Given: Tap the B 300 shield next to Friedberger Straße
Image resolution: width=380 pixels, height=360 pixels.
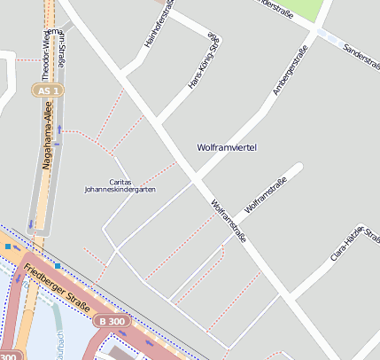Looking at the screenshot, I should tap(113, 321).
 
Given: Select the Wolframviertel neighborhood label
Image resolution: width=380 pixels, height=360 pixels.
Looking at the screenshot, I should tap(226, 147).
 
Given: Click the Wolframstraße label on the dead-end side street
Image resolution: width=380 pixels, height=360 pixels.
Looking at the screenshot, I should tap(265, 195).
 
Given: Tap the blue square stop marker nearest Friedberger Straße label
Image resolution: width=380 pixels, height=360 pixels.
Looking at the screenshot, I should tap(58, 265).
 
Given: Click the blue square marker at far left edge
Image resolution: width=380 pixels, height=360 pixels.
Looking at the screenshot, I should tap(7, 247).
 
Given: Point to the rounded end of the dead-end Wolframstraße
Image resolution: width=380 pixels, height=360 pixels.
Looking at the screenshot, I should tap(301, 167).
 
